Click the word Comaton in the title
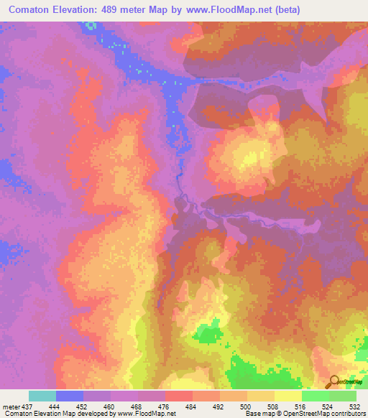pos(29,9)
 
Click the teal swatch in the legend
pos(42,396)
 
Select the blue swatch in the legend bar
pos(70,396)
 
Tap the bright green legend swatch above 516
pos(316,396)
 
